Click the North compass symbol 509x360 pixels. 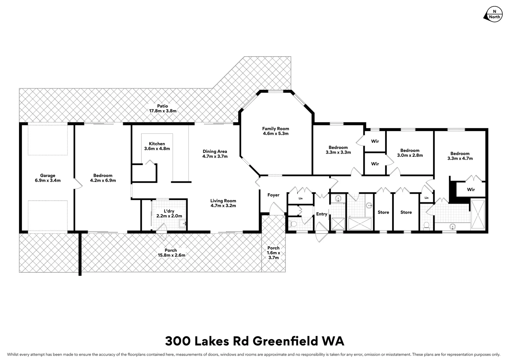click(493, 14)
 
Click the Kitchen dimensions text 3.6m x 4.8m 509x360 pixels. click(157, 149)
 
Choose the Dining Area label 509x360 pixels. click(215, 151)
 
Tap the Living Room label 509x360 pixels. click(223, 201)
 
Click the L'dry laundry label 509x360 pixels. click(169, 211)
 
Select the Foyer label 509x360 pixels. click(273, 195)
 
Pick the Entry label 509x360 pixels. click(321, 214)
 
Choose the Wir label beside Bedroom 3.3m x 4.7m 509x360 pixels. click(471, 190)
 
